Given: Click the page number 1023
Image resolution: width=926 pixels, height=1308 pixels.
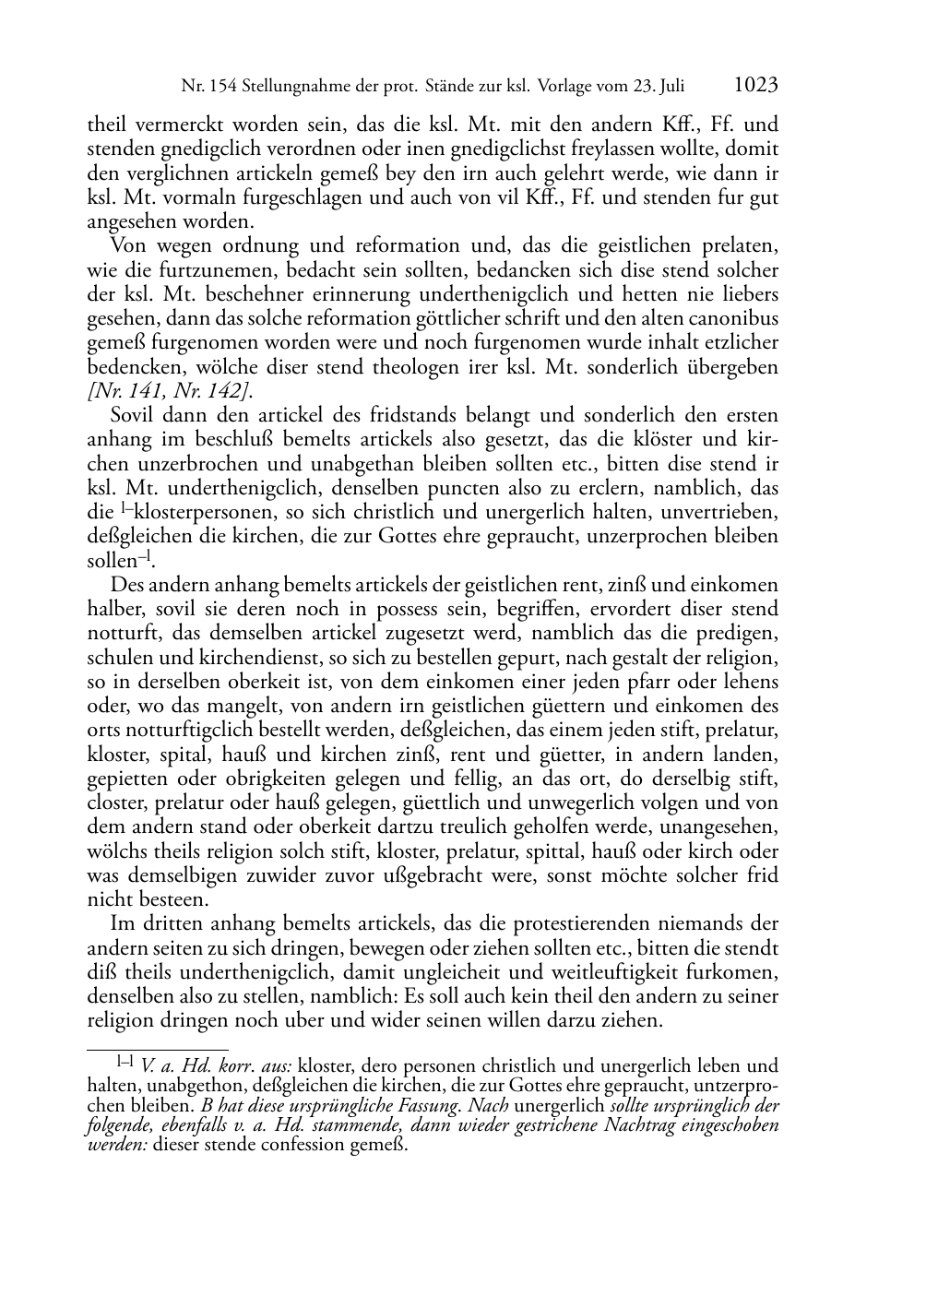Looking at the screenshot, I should [755, 86].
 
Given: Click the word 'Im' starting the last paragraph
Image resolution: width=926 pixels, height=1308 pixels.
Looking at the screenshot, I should [121, 924].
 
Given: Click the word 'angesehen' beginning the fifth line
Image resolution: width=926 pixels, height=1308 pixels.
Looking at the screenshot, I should [129, 222].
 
